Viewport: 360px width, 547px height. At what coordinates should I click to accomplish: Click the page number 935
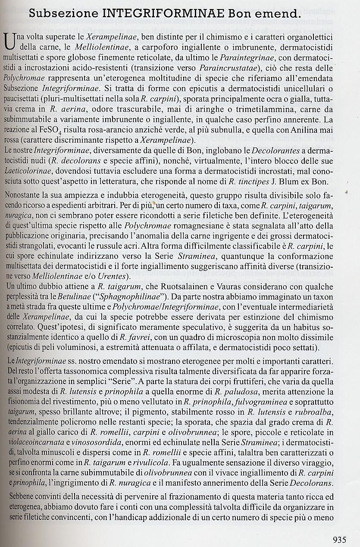click(342, 538)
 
